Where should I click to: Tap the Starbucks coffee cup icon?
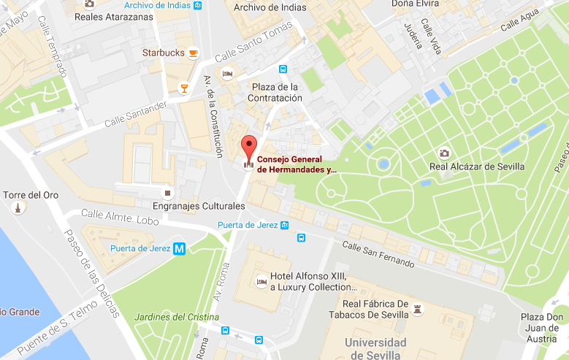pyautogui.click(x=193, y=53)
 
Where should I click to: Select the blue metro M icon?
pyautogui.click(x=180, y=249)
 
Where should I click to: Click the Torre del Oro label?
pyautogui.click(x=31, y=195)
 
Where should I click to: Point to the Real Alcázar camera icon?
pyautogui.click(x=443, y=153)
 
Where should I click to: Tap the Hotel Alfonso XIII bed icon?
pyautogui.click(x=261, y=282)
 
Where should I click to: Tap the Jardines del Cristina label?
pyautogui.click(x=177, y=317)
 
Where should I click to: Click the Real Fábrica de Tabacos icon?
pyautogui.click(x=418, y=310)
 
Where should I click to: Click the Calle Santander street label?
pyautogui.click(x=137, y=114)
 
